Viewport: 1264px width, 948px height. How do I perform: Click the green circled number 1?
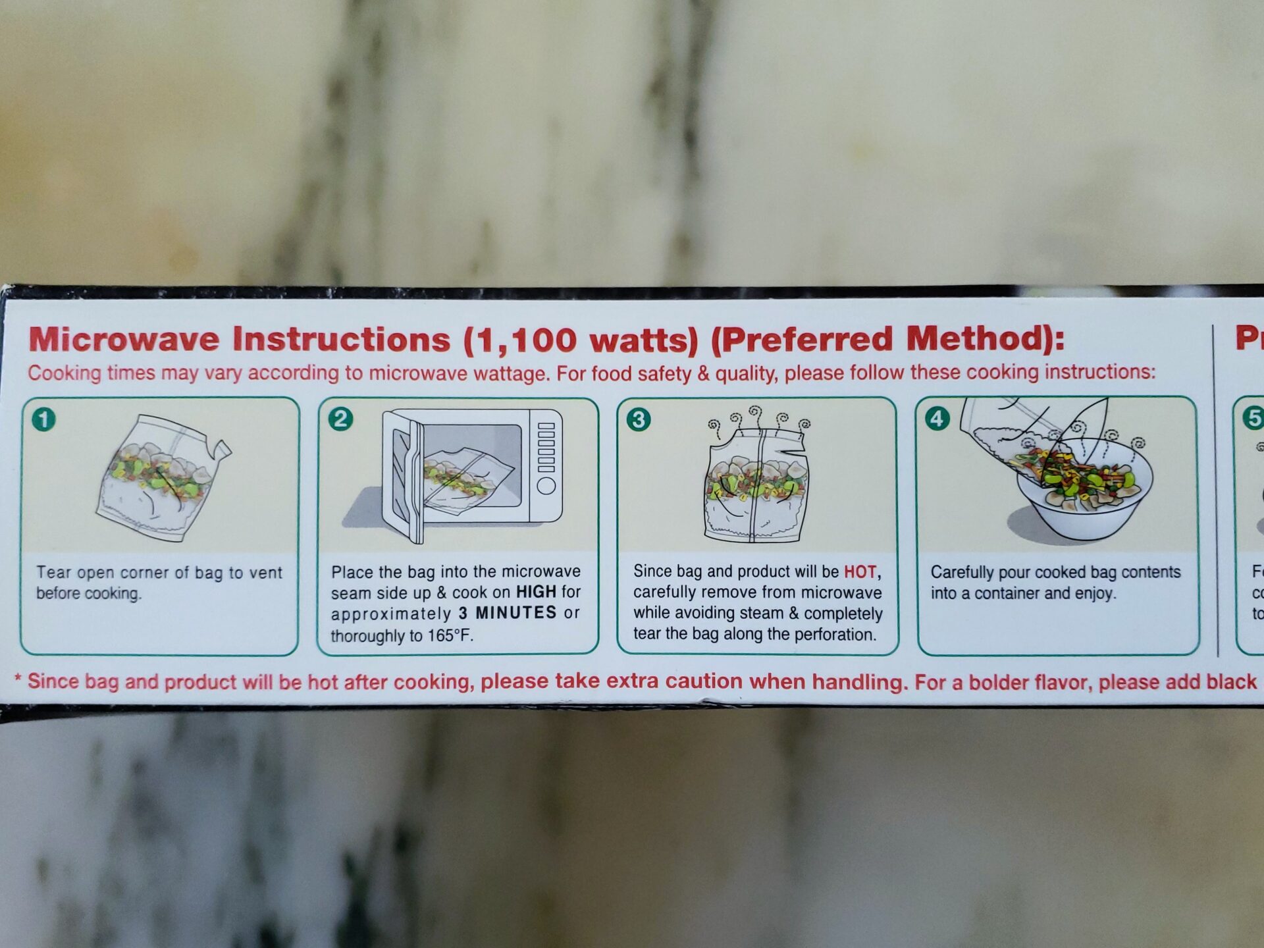[x=44, y=419]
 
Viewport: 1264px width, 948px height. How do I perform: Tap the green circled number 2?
[x=340, y=419]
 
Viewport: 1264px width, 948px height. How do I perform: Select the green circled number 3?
[x=638, y=419]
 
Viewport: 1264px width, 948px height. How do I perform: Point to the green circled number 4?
[x=937, y=419]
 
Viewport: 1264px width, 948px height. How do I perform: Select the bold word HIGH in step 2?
[x=536, y=592]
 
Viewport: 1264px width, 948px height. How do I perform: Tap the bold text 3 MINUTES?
[x=508, y=613]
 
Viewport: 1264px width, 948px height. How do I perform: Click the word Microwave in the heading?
[x=124, y=340]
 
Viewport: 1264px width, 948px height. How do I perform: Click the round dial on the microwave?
[x=546, y=486]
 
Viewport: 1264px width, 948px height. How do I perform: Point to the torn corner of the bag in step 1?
[x=223, y=450]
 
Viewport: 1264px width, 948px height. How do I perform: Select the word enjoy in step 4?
[x=1094, y=593]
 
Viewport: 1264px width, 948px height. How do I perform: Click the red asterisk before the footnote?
[x=18, y=679]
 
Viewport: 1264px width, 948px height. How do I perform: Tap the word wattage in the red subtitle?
[x=509, y=373]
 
